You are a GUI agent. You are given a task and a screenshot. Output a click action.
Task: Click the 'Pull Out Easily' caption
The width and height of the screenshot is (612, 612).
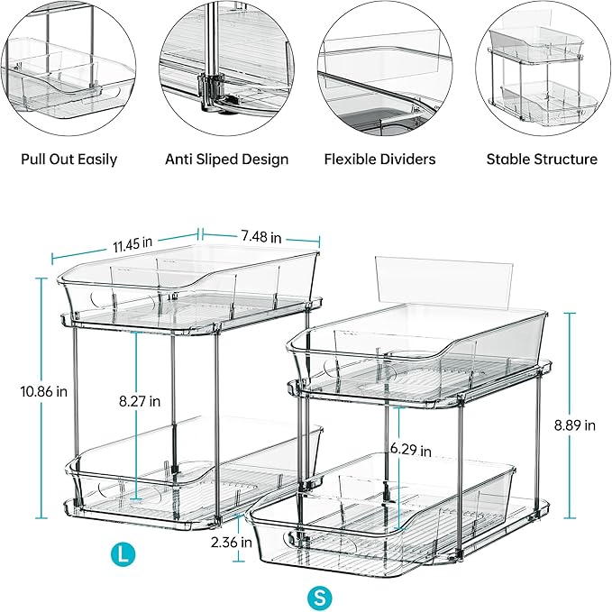69,160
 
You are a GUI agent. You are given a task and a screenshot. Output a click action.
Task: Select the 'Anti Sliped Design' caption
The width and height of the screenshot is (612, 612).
226,160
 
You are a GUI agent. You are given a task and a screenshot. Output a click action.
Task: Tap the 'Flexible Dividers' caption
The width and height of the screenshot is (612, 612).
379,160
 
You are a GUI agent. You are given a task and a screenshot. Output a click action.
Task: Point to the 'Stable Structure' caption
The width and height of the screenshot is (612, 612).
542,160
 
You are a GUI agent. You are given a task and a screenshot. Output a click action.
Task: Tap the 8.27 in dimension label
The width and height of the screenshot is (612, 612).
142,400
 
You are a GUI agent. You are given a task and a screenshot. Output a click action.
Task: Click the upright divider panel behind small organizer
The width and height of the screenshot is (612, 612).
442,279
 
